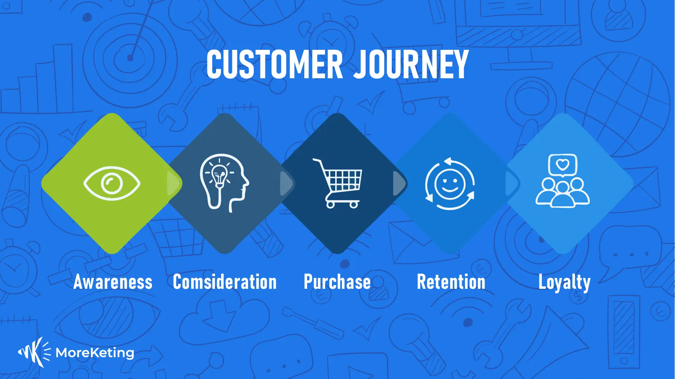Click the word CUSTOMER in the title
click(274, 64)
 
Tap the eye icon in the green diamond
click(112, 183)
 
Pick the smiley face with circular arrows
click(450, 184)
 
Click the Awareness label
click(113, 282)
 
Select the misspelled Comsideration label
click(225, 282)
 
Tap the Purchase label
click(337, 282)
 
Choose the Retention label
click(451, 282)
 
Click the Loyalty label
click(564, 282)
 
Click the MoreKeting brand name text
click(95, 353)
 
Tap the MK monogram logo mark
click(33, 352)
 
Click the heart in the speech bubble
click(563, 164)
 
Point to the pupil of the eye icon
click(112, 183)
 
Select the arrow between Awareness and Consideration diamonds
click(173, 183)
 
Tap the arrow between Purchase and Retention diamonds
click(398, 183)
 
